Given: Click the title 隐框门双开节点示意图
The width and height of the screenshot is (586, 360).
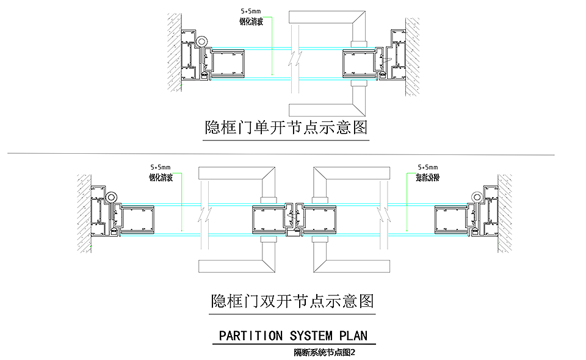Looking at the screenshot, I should tap(292, 301).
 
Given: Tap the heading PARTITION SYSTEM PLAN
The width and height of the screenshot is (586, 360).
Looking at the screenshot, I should tap(293, 336).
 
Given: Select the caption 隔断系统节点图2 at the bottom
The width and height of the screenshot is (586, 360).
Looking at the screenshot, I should tap(324, 352).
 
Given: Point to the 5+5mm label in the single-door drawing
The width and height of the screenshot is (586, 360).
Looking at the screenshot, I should tap(251, 11).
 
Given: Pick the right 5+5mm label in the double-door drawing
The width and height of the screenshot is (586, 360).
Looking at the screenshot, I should tap(427, 167).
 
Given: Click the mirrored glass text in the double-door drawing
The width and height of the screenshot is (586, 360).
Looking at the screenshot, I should tap(427, 178).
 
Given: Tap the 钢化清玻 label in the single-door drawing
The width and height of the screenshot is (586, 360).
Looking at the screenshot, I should tap(251, 21).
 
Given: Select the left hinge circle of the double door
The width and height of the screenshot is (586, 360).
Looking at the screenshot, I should tap(112, 197).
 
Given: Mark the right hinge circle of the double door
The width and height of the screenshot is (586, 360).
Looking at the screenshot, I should tap(476, 196).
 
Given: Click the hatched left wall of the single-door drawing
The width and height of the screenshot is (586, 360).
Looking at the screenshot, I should tap(175, 52).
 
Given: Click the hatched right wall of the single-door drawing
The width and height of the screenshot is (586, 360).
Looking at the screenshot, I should tap(413, 55).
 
